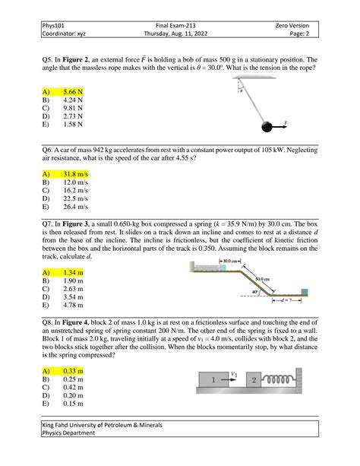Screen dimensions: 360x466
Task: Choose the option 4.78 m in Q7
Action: click(x=73, y=305)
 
